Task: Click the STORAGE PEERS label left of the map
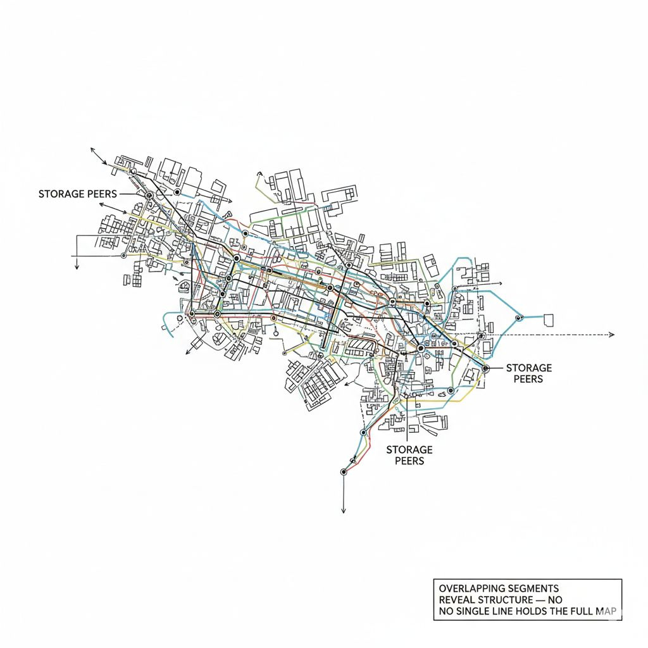[77, 194]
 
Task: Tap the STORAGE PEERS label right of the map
[528, 373]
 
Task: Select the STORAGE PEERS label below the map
[409, 454]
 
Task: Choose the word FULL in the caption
[580, 611]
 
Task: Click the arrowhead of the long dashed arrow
[611, 334]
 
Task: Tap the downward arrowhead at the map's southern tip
[343, 511]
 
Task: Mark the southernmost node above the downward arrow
[344, 471]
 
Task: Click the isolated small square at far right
[549, 319]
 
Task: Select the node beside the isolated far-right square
[520, 317]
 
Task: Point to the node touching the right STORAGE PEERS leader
[485, 368]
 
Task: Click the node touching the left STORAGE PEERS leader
[149, 196]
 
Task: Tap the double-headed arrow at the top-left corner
[98, 156]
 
